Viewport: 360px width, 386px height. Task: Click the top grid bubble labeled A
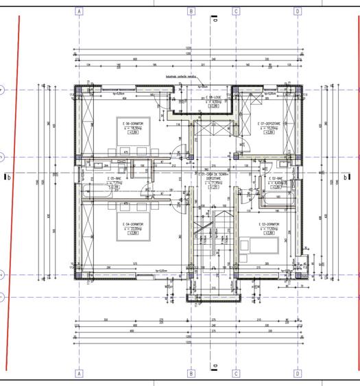(79, 12)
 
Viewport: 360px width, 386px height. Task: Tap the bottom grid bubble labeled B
(191, 374)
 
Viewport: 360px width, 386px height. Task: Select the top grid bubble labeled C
(236, 12)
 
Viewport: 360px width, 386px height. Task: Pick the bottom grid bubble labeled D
(298, 374)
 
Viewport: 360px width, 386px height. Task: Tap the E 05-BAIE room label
(114, 179)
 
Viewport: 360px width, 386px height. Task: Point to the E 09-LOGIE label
(216, 98)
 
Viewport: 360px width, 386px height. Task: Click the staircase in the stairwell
(205, 233)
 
